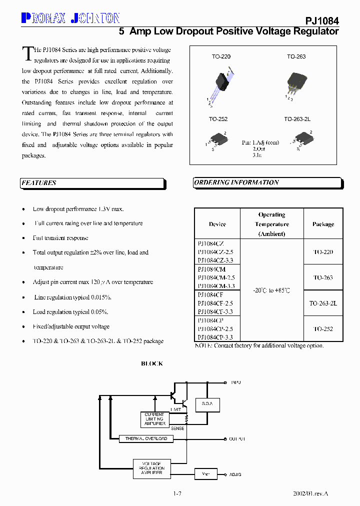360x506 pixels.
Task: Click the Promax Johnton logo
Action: pyautogui.click(x=70, y=18)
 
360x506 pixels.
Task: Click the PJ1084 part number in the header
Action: pyautogui.click(x=322, y=21)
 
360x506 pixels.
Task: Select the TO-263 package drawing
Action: pyautogui.click(x=296, y=82)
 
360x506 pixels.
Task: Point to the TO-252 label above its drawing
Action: pyautogui.click(x=218, y=119)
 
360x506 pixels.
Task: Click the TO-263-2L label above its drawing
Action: pyautogui.click(x=297, y=119)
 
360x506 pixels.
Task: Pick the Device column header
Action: pyautogui.click(x=217, y=224)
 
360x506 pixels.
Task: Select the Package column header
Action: pyautogui.click(x=323, y=224)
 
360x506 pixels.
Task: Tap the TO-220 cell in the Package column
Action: pyautogui.click(x=323, y=252)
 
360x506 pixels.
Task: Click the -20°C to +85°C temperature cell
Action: pyautogui.click(x=271, y=290)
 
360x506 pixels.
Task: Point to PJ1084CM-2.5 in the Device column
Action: pyautogui.click(x=216, y=277)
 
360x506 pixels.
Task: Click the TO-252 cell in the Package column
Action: pyautogui.click(x=323, y=329)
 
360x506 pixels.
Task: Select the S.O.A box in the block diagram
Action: pyautogui.click(x=207, y=403)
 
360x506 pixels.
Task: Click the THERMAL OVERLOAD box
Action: pyautogui.click(x=146, y=438)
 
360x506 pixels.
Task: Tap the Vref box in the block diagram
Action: pyautogui.click(x=206, y=473)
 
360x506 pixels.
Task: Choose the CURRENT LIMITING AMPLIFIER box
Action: pyautogui.click(x=154, y=419)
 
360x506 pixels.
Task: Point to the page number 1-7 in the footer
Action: pyautogui.click(x=177, y=494)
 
